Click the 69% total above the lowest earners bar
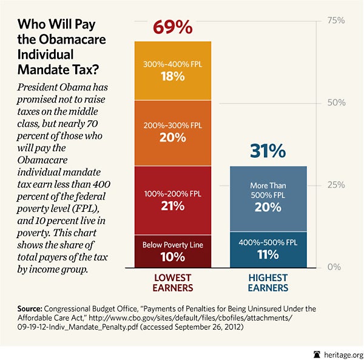click(172, 28)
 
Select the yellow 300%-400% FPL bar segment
click(172, 70)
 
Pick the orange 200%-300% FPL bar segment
click(172, 132)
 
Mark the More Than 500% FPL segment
click(269, 197)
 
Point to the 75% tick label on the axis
click(335, 21)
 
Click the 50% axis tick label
click(335, 103)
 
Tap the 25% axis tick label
click(335, 185)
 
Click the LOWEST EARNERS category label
click(172, 283)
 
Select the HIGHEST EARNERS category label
click(269, 283)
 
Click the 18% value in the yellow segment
click(172, 76)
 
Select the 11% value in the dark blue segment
click(269, 255)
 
